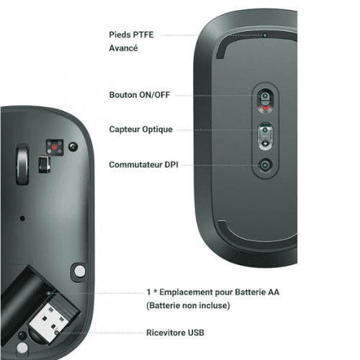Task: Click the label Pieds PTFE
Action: (x=131, y=35)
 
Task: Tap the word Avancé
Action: (x=123, y=48)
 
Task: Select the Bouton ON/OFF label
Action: (x=140, y=95)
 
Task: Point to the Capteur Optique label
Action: (x=141, y=130)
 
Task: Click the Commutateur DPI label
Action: (x=143, y=165)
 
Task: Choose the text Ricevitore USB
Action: (x=175, y=333)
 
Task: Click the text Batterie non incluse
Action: (x=188, y=305)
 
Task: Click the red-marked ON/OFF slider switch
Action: (x=265, y=101)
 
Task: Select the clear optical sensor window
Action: (x=265, y=136)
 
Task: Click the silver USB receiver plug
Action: (x=51, y=323)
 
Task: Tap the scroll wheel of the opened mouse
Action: (x=22, y=165)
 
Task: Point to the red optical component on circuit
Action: (x=55, y=147)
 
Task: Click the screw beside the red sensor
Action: (x=73, y=146)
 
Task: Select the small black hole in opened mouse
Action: (x=22, y=218)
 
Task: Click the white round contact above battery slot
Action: (x=80, y=271)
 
